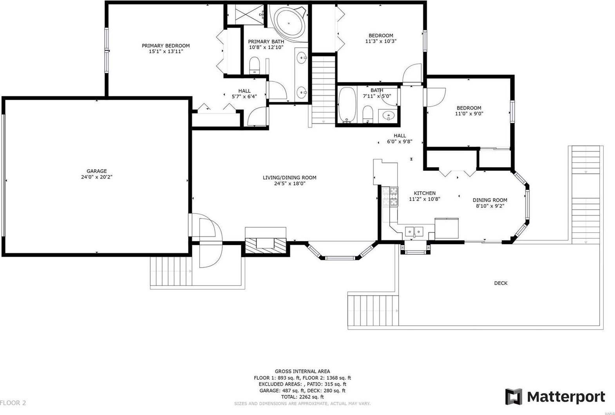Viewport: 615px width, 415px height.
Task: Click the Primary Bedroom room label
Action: click(165, 46)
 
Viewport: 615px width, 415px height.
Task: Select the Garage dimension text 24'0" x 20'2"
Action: click(96, 177)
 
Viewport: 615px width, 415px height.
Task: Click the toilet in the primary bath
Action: click(255, 65)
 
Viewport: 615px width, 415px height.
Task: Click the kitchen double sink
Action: click(414, 231)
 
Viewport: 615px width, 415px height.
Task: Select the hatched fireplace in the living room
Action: click(266, 246)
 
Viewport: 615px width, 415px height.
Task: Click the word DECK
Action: click(500, 283)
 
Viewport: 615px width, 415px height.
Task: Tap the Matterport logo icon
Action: click(514, 397)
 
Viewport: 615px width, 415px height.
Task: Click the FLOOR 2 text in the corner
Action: click(13, 403)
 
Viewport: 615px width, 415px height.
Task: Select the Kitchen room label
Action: click(425, 193)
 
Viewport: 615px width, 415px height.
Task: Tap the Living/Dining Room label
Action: click(289, 178)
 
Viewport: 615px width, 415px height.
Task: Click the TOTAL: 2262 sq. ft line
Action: click(302, 397)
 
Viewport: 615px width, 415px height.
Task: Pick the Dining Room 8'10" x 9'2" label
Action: click(489, 203)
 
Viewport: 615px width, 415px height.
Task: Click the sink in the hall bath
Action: click(389, 116)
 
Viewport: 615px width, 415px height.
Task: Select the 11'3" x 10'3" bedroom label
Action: click(380, 38)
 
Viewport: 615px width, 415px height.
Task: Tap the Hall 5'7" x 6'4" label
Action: click(244, 94)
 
